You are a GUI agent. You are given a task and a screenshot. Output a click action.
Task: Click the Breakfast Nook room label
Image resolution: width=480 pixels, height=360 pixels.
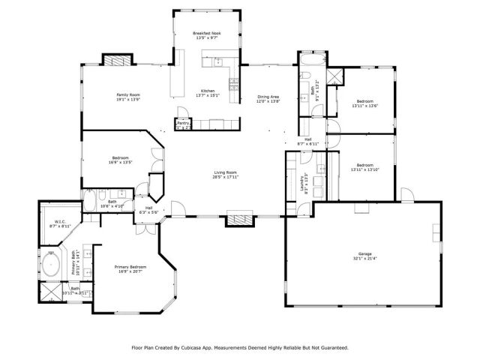tap(205, 33)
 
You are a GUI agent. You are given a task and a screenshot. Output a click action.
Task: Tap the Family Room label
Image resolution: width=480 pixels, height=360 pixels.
tap(128, 94)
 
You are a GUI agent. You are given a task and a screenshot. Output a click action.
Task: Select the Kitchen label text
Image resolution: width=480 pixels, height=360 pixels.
tap(207, 91)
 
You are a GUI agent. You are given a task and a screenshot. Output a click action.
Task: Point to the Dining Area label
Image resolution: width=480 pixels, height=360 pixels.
tap(268, 97)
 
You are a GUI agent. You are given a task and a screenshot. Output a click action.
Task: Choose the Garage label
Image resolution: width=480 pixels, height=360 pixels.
tap(364, 254)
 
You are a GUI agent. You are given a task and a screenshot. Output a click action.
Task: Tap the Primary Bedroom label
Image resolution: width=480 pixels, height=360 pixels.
tap(130, 267)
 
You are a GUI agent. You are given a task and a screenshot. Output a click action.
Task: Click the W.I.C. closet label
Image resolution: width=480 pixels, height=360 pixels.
tap(58, 221)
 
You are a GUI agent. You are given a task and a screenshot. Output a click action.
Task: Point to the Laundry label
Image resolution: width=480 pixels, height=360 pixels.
tap(304, 182)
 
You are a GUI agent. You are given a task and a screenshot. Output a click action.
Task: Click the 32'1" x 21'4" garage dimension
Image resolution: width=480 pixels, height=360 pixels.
tap(364, 259)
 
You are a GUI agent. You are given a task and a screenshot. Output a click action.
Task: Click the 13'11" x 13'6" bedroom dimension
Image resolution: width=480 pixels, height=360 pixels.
tap(364, 106)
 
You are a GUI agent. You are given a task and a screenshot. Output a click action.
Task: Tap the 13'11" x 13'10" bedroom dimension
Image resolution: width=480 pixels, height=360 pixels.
tap(364, 169)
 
